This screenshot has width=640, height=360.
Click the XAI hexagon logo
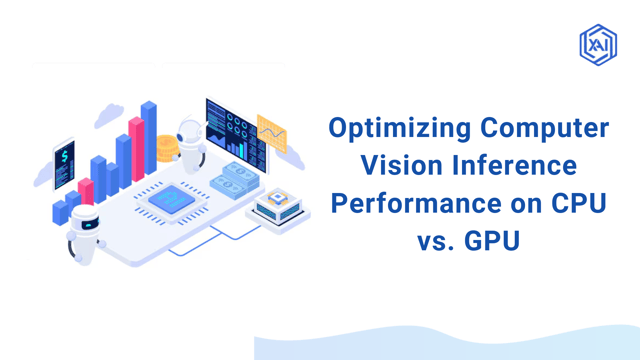[x=597, y=44]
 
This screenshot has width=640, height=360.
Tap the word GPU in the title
[x=491, y=241]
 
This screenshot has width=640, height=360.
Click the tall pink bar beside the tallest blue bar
[x=136, y=150]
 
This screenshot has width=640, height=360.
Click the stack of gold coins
[x=168, y=150]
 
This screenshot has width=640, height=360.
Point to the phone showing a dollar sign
[x=64, y=160]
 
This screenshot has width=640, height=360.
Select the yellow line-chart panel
[x=272, y=134]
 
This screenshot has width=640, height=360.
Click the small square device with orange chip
[x=276, y=206]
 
